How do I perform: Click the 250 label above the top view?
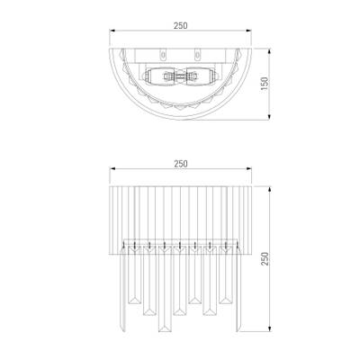(181, 26)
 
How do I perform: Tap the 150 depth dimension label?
(265, 85)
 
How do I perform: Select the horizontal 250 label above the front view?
(181, 164)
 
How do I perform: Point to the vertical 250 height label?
(265, 258)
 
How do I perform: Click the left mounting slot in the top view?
(163, 55)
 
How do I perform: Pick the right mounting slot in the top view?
(197, 55)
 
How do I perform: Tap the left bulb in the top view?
(159, 76)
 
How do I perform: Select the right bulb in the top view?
(200, 76)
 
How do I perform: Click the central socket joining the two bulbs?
(180, 76)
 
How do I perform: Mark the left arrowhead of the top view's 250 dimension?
(112, 31)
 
